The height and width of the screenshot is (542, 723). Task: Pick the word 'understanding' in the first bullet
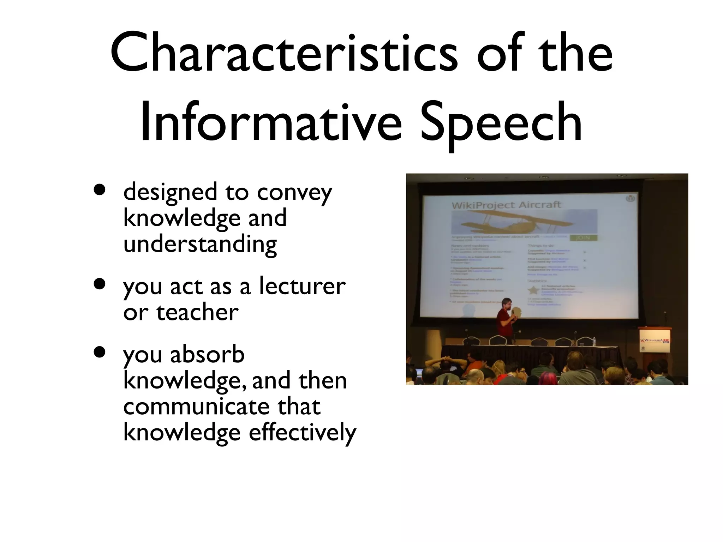(200, 244)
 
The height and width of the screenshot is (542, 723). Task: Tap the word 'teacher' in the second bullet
(197, 312)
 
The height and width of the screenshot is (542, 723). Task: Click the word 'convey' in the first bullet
(294, 193)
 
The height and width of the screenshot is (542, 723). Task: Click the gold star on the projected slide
(533, 290)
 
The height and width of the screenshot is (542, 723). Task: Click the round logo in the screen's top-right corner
(630, 199)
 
